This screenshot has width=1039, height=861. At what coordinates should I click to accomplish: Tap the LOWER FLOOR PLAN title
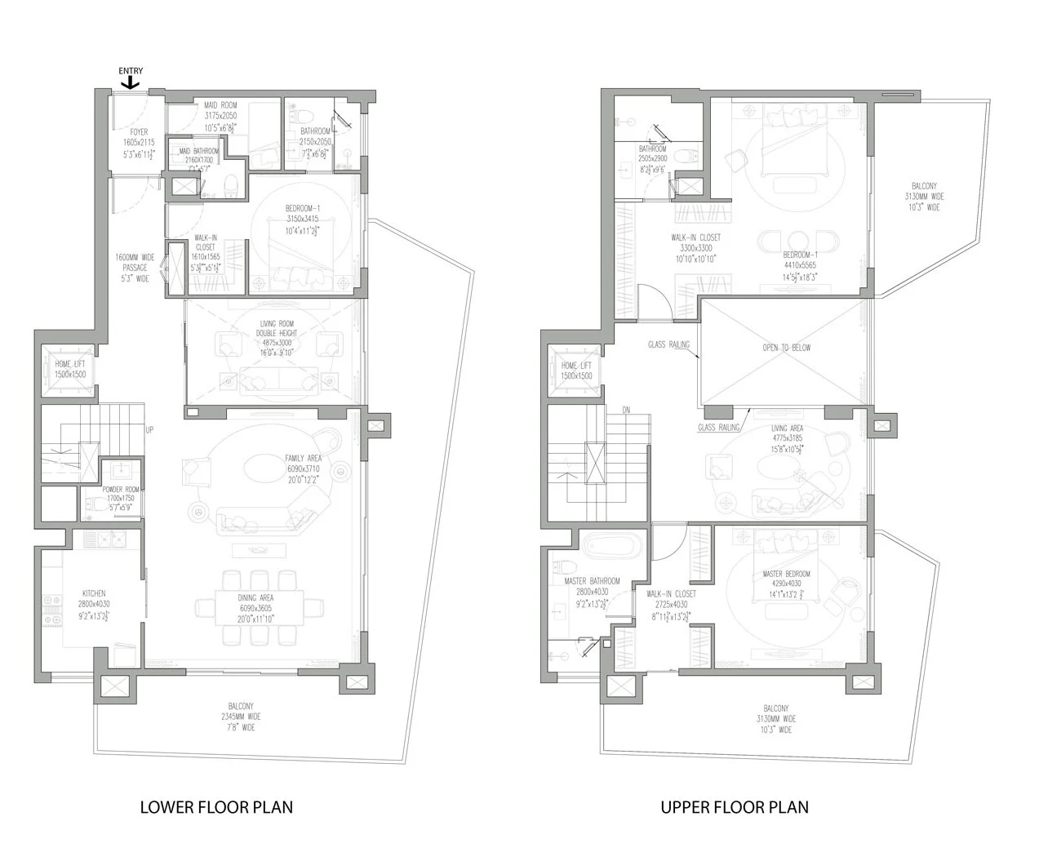click(216, 807)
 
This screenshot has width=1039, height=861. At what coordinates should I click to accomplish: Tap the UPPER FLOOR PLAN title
click(735, 807)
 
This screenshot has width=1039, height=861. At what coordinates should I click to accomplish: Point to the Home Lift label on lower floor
click(70, 369)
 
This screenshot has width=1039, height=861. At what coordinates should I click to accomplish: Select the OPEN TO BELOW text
click(785, 348)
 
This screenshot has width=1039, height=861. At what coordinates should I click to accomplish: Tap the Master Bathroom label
click(592, 587)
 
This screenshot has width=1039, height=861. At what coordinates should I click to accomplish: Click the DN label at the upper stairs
click(626, 409)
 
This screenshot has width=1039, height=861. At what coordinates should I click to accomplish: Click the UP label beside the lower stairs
click(149, 429)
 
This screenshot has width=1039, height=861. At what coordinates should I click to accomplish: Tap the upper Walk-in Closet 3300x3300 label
click(695, 247)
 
